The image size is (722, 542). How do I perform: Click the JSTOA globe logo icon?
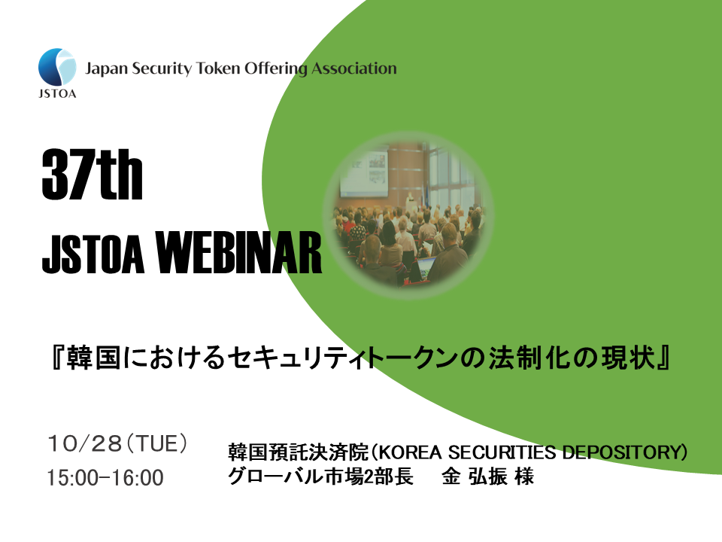56,68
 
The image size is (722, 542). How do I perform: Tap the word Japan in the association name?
106,69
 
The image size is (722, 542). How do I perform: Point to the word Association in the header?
353,69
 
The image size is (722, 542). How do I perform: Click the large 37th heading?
92,175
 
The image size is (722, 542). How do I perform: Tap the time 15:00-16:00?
105,478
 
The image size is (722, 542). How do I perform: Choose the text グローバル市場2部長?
321,477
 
